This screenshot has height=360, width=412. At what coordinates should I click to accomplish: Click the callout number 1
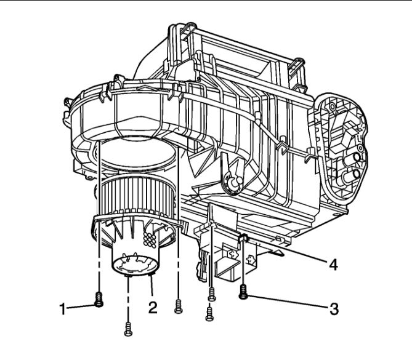[62, 309]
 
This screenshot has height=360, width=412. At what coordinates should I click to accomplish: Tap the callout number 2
[153, 307]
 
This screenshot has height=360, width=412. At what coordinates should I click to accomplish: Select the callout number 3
[334, 309]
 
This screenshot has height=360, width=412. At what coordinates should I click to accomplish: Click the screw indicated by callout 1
[99, 300]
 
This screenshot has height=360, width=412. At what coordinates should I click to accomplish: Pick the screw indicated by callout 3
[243, 292]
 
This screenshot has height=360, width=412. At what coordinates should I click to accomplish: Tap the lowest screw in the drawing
[128, 329]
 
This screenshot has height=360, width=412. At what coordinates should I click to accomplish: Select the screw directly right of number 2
[179, 306]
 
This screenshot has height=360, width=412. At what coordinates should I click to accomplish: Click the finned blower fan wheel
[137, 194]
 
